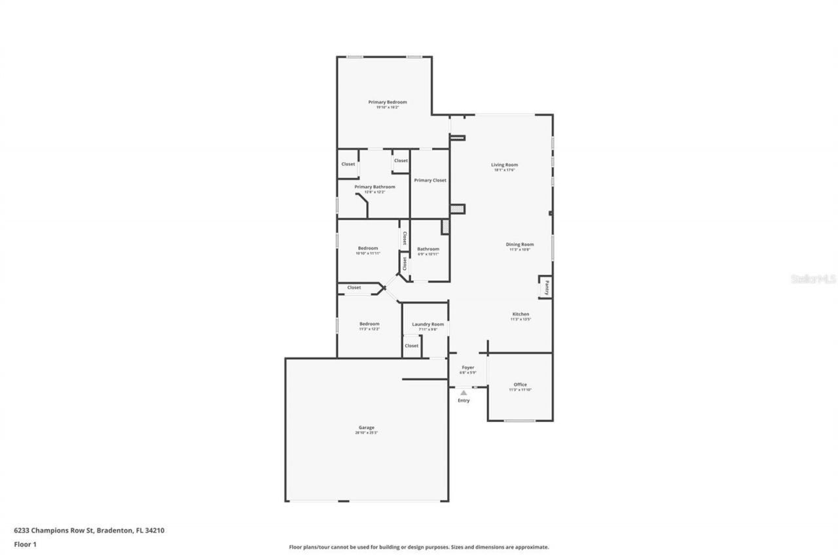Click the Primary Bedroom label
pyautogui.click(x=388, y=102)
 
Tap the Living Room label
pyautogui.click(x=505, y=165)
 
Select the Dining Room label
pyautogui.click(x=520, y=245)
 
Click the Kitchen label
pyautogui.click(x=520, y=314)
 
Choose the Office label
pyautogui.click(x=520, y=385)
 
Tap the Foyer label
pyautogui.click(x=468, y=368)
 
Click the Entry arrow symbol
pyautogui.click(x=464, y=392)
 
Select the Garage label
pyautogui.click(x=367, y=428)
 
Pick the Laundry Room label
pyautogui.click(x=428, y=324)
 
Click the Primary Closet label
pyautogui.click(x=430, y=181)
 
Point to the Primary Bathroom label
pyautogui.click(x=374, y=187)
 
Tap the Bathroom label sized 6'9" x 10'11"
pyautogui.click(x=428, y=249)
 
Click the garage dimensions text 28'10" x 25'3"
pyautogui.click(x=367, y=433)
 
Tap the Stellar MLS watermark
pyautogui.click(x=813, y=279)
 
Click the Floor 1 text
pyautogui.click(x=26, y=544)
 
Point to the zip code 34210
pyautogui.click(x=155, y=531)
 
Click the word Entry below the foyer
pyautogui.click(x=464, y=400)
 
